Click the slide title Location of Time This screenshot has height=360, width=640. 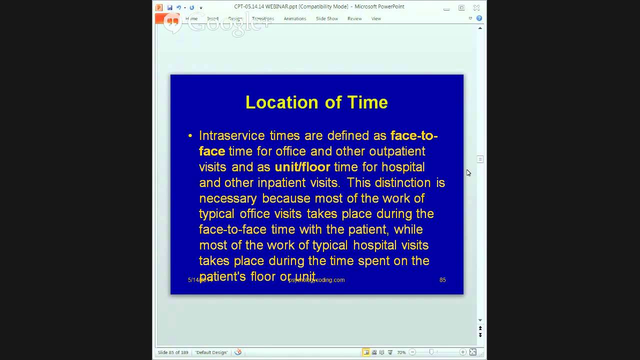(316, 102)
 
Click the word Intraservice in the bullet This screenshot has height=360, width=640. (231, 135)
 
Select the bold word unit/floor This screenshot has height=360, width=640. (302, 167)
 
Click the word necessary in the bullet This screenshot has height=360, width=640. (227, 198)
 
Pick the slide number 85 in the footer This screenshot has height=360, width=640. (442, 280)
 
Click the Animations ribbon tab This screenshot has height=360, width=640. (295, 18)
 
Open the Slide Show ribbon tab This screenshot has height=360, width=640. (327, 18)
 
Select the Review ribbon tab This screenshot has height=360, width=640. (354, 18)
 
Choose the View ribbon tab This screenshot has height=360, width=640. (376, 18)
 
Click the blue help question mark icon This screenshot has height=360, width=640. (479, 18)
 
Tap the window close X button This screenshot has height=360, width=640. (476, 7)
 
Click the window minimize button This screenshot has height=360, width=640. (446, 8)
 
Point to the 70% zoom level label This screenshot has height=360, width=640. (401, 352)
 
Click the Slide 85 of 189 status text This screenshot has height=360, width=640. (173, 352)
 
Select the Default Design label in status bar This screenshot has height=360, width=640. (211, 352)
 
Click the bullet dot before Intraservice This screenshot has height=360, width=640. (190, 136)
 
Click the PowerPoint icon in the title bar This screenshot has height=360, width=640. (159, 7)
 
